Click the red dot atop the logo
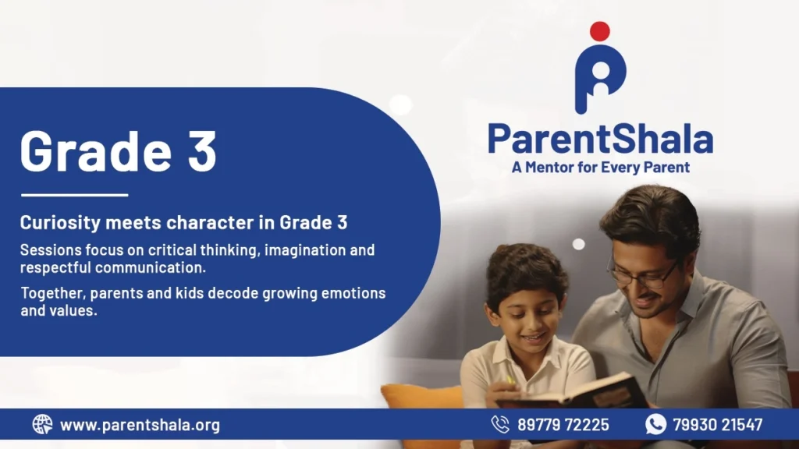click(x=600, y=31)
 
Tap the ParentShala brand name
click(x=600, y=139)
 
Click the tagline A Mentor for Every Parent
click(x=601, y=167)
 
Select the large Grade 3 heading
click(x=119, y=151)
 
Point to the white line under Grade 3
click(x=74, y=194)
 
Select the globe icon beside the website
click(x=42, y=424)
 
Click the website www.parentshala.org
click(x=140, y=425)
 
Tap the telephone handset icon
click(x=500, y=424)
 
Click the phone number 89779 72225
click(x=563, y=425)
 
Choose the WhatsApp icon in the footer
click(x=655, y=424)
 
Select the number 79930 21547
click(x=718, y=425)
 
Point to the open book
click(x=570, y=392)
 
